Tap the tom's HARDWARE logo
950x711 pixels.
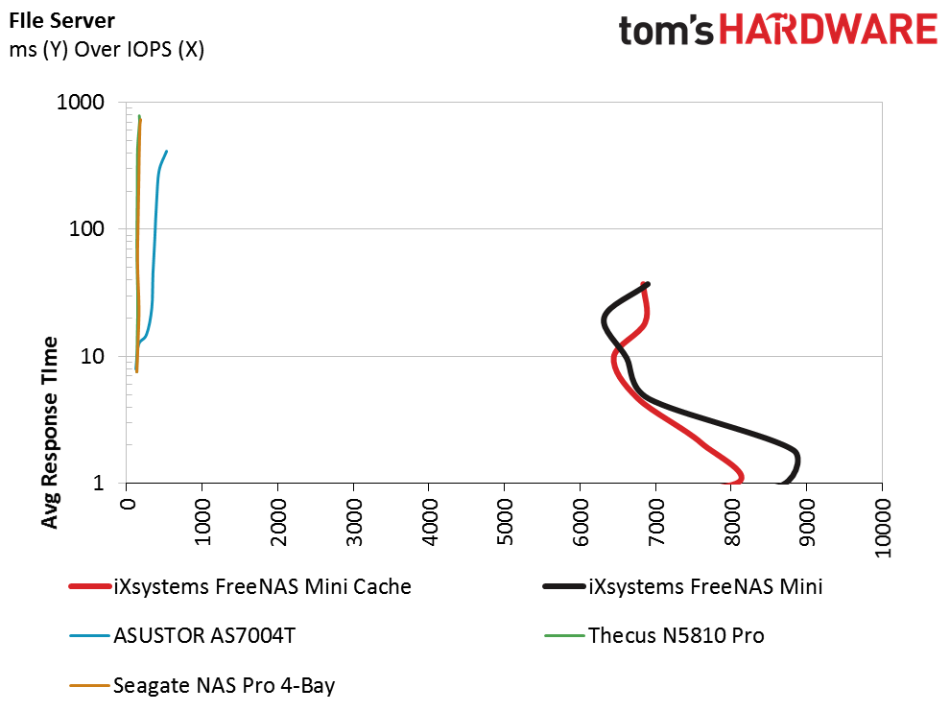pyautogui.click(x=777, y=30)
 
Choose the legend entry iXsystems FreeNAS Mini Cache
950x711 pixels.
pyautogui.click(x=261, y=587)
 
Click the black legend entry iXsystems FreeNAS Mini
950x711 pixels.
pyautogui.click(x=704, y=587)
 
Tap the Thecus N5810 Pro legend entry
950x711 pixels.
pyautogui.click(x=676, y=636)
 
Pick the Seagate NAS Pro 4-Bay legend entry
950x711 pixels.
pyautogui.click(x=224, y=685)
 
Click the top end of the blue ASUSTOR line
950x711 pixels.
pyautogui.click(x=167, y=151)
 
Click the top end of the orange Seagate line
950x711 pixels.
pyautogui.click(x=141, y=119)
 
